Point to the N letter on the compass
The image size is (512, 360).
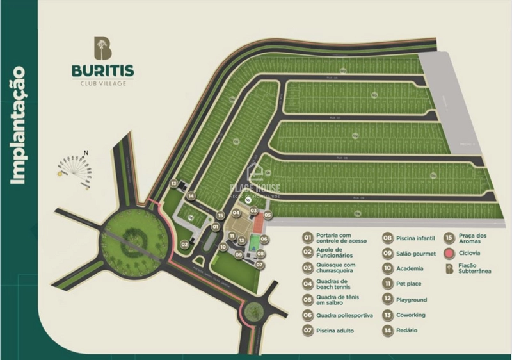coord(84,152)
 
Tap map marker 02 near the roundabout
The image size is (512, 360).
coord(184,244)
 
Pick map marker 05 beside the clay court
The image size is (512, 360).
coord(268,215)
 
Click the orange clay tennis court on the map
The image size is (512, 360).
coord(257,225)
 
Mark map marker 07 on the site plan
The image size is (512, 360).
coord(260,264)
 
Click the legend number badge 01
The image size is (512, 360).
coord(307,237)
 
